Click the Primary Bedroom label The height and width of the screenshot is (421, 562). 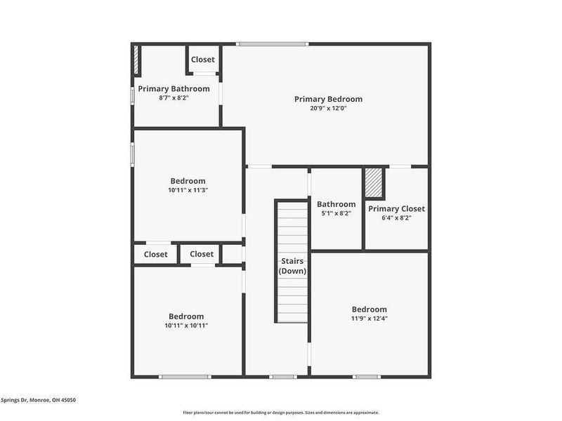[x=328, y=99]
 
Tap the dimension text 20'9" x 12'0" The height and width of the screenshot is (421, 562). [x=328, y=108]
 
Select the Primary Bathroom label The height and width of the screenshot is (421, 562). [x=174, y=88]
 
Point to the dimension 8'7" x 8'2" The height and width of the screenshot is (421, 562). [x=174, y=98]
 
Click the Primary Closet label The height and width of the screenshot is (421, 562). [x=396, y=208]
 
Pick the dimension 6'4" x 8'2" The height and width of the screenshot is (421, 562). [x=396, y=218]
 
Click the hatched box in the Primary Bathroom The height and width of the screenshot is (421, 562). [x=136, y=60]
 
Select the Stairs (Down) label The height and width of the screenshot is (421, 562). [x=292, y=266]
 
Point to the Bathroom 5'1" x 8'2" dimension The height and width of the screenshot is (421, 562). [x=336, y=213]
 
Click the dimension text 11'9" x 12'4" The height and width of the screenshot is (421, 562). [x=369, y=319]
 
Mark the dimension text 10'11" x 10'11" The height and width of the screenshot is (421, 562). [x=186, y=326]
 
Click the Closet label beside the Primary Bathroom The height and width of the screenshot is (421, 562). [x=202, y=60]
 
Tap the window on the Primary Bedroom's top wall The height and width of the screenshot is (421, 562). [x=273, y=44]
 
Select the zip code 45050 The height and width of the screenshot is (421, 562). [x=67, y=400]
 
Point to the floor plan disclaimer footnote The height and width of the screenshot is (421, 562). [x=280, y=413]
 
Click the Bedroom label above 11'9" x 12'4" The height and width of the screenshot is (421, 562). [x=369, y=309]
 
